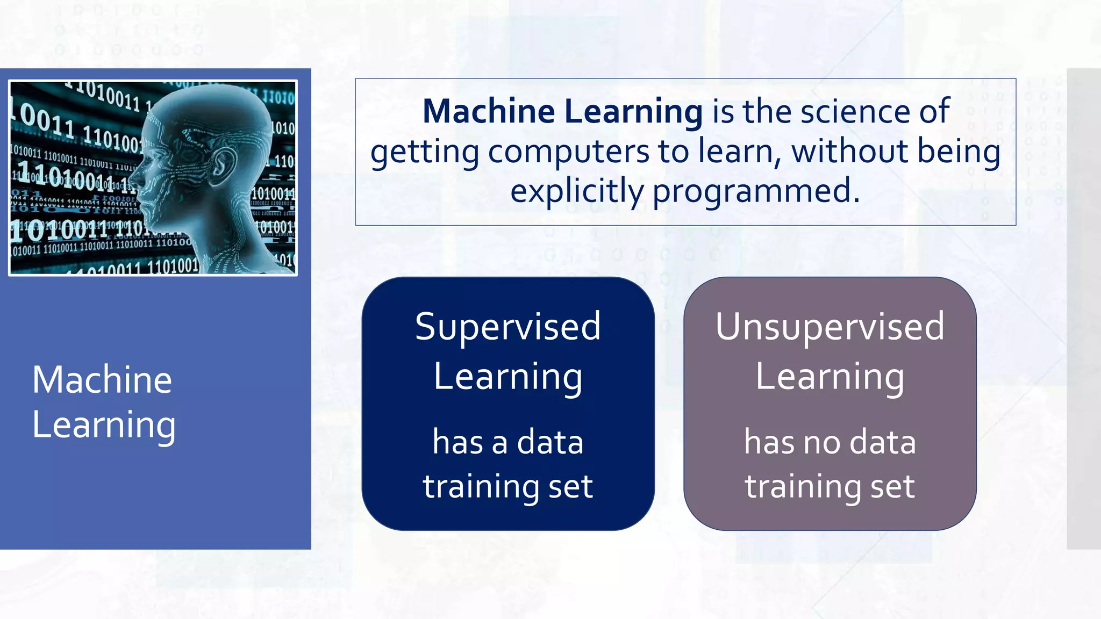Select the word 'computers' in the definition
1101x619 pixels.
coord(569,152)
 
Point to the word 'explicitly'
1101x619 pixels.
coord(577,192)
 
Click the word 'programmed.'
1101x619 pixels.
coord(756,192)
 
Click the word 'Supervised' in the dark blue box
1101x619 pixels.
coord(507,327)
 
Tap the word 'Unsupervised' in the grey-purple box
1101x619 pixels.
coord(830,327)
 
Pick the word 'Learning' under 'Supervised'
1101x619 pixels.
coord(507,377)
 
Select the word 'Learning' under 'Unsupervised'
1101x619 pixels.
coord(830,377)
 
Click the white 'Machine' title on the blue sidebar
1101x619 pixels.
coord(102,380)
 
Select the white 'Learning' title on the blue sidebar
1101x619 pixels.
coord(104,426)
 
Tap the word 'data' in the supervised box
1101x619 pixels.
coord(550,443)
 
